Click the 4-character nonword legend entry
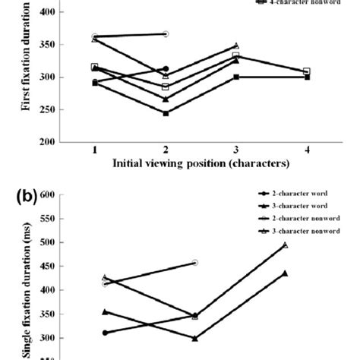[x=298, y=3]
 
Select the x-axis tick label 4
[x=306, y=151]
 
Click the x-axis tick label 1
[x=94, y=151]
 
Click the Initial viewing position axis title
[x=201, y=163]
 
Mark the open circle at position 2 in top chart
[x=166, y=34]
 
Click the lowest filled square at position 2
[x=166, y=113]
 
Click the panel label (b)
[x=24, y=197]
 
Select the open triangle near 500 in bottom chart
[x=306, y=245]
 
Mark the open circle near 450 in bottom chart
[x=195, y=263]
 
